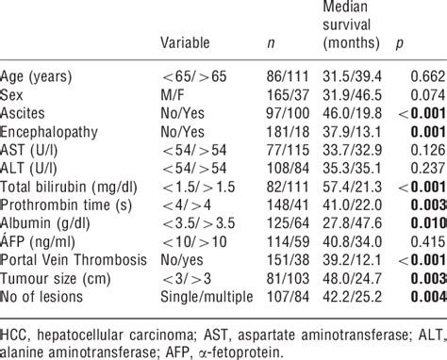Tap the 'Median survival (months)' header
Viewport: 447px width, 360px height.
(349, 25)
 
